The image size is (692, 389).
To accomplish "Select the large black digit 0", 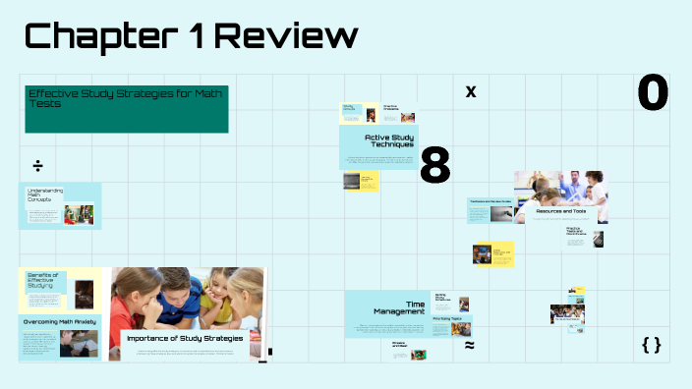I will (653, 93).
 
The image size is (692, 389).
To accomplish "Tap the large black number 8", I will (434, 166).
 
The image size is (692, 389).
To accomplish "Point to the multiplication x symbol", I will (470, 91).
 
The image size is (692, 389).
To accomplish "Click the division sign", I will (37, 164).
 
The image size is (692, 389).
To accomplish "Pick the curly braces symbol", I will (651, 345).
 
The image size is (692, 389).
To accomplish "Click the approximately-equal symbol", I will (469, 346).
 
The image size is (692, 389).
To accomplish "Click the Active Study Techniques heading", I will (388, 140).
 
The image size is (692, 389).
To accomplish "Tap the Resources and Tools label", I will (560, 210).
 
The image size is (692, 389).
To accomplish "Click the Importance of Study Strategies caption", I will (185, 339).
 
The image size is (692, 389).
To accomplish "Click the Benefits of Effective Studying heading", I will (45, 282).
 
